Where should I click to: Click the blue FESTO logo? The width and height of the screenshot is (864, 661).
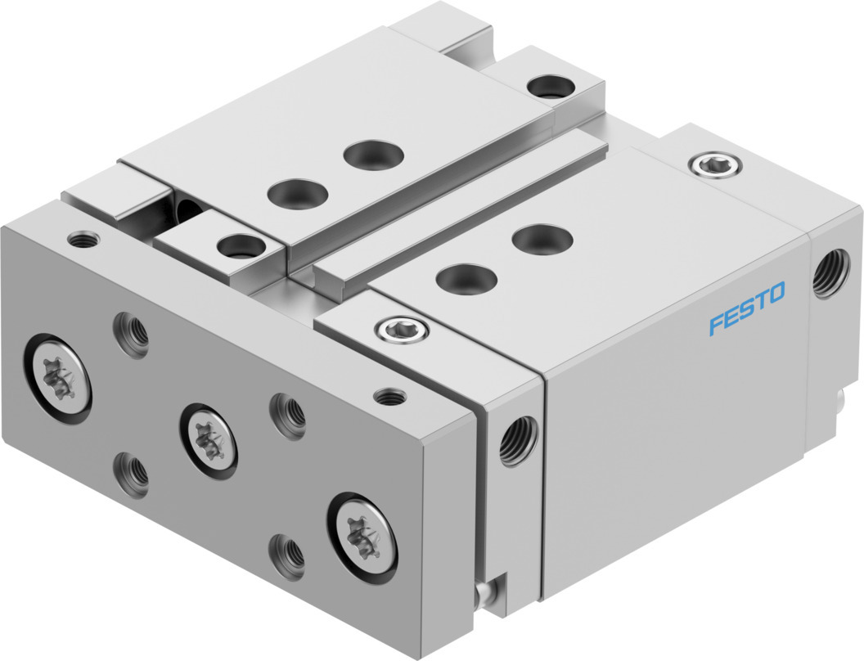pos(747,308)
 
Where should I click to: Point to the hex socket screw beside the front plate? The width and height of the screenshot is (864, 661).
pos(402,330)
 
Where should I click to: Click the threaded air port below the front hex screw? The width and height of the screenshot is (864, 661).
pos(517,441)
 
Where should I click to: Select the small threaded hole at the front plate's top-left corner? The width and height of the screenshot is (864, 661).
pos(83,240)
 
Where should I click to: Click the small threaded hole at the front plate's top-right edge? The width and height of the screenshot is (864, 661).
pos(389,396)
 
